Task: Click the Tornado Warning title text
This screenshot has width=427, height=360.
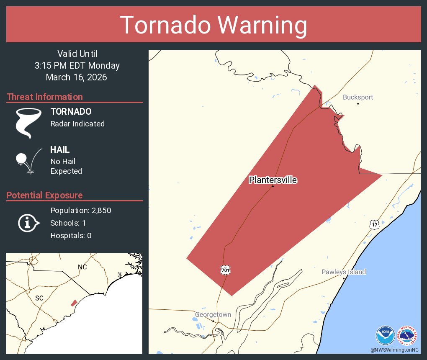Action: [x=213, y=25]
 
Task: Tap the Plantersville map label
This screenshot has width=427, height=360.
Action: [x=273, y=180]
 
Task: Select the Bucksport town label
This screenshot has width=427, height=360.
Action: [x=358, y=98]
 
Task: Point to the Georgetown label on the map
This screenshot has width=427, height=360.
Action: [x=213, y=315]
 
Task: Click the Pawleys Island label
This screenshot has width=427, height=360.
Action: [x=343, y=272]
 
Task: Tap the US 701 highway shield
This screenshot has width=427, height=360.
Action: [x=225, y=270]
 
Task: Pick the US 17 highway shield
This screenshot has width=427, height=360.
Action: [x=374, y=225]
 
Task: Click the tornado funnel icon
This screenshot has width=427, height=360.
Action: [x=28, y=123]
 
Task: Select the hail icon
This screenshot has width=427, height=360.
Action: [x=28, y=161]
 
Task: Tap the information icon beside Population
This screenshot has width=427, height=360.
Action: [x=28, y=223]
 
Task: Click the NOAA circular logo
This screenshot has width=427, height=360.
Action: [x=385, y=335]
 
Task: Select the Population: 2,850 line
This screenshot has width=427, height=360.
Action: [x=81, y=211]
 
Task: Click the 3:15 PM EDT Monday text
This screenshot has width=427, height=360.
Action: [x=77, y=66]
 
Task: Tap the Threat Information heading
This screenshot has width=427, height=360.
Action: [x=45, y=97]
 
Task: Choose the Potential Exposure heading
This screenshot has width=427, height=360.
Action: [x=44, y=195]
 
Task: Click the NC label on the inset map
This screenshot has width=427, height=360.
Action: [x=82, y=267]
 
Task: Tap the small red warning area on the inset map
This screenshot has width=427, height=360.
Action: [x=74, y=303]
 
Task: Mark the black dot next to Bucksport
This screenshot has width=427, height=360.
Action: [x=358, y=103]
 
